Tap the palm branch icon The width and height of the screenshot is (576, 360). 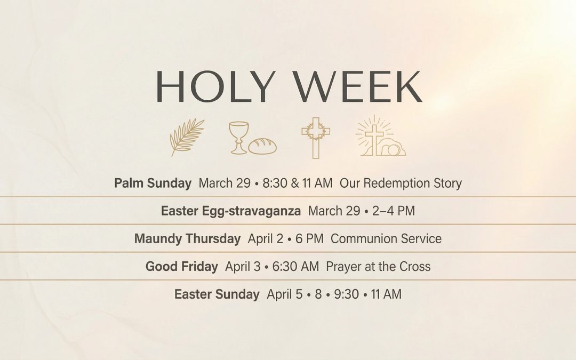tap(187, 137)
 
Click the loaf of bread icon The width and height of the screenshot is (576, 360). tap(262, 146)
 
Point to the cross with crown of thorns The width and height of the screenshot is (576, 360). tap(316, 137)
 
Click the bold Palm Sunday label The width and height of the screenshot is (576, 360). tap(153, 183)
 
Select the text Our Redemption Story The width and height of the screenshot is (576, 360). tap(401, 183)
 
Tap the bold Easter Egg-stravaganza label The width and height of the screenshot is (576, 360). tap(230, 211)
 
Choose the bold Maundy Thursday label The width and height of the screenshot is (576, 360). tap(187, 239)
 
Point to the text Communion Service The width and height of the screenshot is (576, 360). tap(386, 239)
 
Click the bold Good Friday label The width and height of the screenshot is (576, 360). tap(181, 267)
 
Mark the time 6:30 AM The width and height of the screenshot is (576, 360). tap(295, 267)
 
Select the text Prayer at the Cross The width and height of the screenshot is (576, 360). tap(378, 267)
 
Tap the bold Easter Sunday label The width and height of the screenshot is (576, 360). tap(217, 294)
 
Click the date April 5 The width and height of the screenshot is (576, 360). tap(285, 294)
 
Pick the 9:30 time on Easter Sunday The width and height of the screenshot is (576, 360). tap(346, 294)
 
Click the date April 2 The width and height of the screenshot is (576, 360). tap(266, 239)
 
